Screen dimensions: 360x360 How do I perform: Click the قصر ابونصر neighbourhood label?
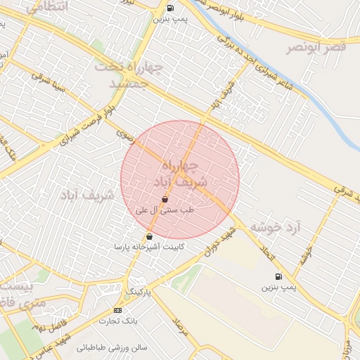(x=318, y=48)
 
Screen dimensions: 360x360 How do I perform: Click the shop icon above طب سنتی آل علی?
(x=164, y=200)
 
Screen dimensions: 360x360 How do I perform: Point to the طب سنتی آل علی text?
(x=164, y=210)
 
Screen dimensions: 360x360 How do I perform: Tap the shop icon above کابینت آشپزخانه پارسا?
(x=149, y=237)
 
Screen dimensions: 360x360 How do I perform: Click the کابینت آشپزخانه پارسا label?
(x=149, y=247)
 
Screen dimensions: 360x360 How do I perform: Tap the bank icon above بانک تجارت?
(x=117, y=310)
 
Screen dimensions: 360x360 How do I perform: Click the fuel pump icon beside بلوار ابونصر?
(x=170, y=8)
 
